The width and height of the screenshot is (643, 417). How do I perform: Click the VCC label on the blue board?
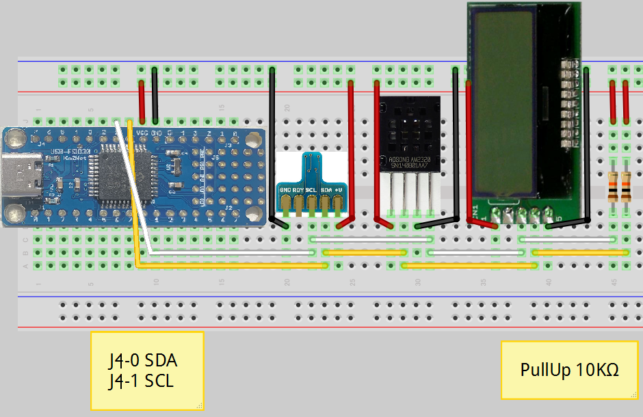[x=143, y=132]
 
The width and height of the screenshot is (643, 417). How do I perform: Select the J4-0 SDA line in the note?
[x=147, y=360]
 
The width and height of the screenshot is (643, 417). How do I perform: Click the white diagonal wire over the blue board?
[x=133, y=185]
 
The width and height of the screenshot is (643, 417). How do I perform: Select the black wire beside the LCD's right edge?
[x=587, y=144]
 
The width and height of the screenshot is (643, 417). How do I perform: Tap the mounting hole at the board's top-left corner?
[x=14, y=141]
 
